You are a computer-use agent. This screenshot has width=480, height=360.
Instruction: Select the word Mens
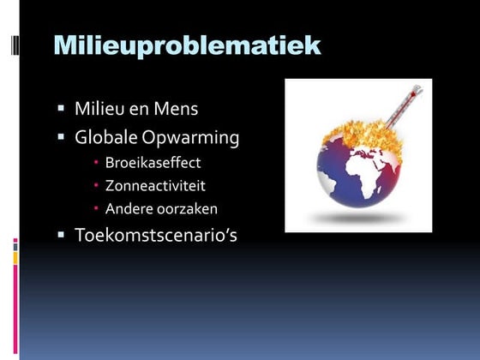tap(178, 111)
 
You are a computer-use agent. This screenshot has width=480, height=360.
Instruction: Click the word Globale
tap(105, 137)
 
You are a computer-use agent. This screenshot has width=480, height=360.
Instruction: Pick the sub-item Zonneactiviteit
tap(155, 185)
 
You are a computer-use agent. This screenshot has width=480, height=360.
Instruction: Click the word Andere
tap(127, 208)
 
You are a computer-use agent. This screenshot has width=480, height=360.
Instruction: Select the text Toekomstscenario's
tap(155, 234)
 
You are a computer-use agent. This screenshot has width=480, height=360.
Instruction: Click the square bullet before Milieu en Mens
tap(62, 110)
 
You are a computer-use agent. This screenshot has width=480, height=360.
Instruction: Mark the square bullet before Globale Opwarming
tap(62, 136)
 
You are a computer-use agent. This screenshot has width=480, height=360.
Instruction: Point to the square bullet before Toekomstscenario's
tap(62, 233)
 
